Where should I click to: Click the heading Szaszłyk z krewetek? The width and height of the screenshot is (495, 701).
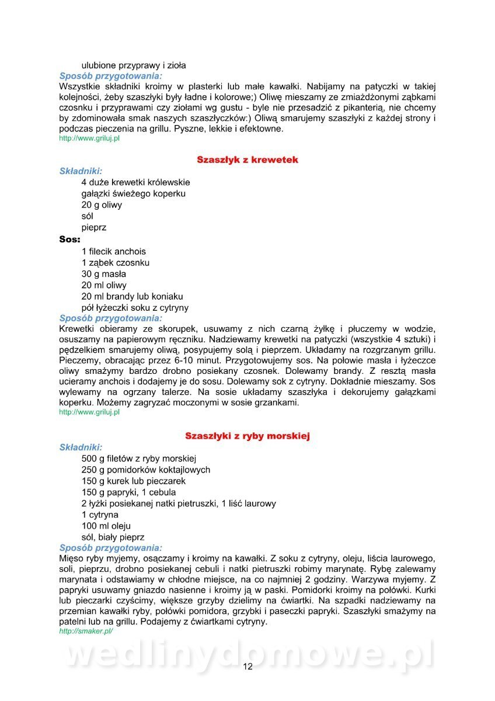point(247,159)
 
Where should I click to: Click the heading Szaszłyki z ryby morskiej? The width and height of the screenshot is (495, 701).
point(247,436)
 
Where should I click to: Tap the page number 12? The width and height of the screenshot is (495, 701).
point(247,667)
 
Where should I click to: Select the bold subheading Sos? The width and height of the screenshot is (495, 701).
point(69,240)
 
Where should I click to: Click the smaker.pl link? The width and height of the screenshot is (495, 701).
point(86,631)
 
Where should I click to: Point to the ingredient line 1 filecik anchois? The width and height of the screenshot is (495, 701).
point(113,251)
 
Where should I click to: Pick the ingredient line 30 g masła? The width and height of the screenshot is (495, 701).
point(104,274)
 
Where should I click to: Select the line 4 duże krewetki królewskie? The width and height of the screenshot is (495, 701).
point(135,182)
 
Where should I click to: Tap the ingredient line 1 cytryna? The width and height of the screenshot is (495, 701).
point(100,515)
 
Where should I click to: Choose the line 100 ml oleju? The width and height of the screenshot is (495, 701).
point(106,526)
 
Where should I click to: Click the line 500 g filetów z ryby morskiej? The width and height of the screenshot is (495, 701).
point(139,458)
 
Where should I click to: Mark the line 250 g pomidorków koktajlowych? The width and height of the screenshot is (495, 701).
point(146,470)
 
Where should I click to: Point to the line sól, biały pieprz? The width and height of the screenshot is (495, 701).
point(113,537)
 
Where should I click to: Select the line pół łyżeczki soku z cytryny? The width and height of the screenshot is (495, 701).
point(135,307)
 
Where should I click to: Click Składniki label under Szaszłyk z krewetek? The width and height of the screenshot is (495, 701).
point(81,171)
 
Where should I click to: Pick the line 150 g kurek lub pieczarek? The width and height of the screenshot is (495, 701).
point(134,481)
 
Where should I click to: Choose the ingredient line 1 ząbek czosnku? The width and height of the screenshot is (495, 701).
point(116,263)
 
